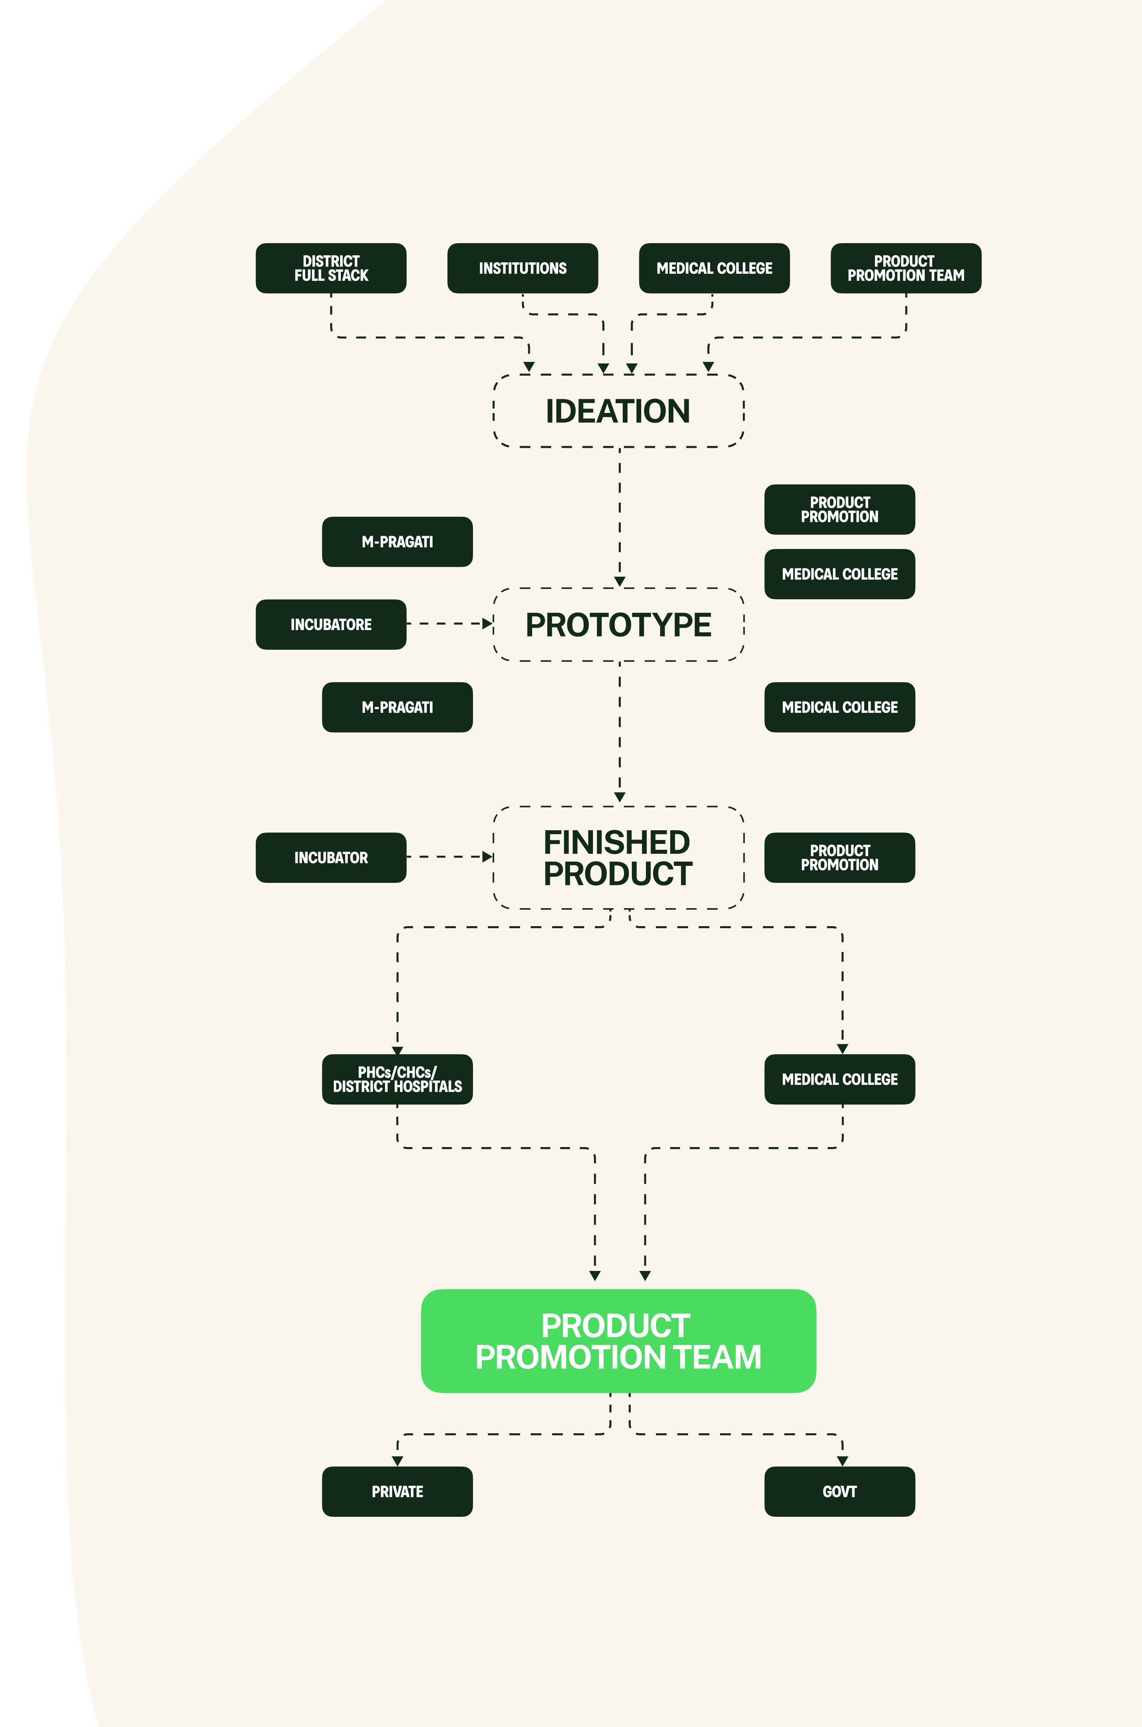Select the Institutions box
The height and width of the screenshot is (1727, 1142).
522,268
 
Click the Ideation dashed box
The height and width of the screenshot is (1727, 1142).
618,411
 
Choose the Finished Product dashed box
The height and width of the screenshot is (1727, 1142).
618,858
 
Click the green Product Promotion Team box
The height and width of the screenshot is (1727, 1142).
618,1341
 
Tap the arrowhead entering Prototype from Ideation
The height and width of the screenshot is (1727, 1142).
620,581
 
